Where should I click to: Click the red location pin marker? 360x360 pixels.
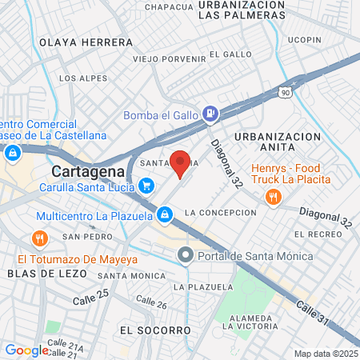click(x=181, y=163)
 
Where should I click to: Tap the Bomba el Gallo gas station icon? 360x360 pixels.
click(x=210, y=114)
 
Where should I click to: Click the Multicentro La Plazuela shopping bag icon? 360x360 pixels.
click(x=164, y=214)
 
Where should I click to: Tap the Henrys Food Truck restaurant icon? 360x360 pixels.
click(x=273, y=197)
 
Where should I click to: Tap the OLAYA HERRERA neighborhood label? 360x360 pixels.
click(x=86, y=42)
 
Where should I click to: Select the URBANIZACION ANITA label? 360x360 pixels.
click(x=278, y=142)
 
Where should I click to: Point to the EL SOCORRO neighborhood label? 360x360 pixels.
click(x=155, y=330)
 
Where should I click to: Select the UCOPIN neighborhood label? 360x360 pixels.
click(x=304, y=39)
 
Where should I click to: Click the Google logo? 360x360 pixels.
click(x=26, y=350)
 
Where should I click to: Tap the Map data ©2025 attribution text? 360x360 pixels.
click(x=325, y=354)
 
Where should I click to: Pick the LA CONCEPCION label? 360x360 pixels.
click(x=220, y=213)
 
